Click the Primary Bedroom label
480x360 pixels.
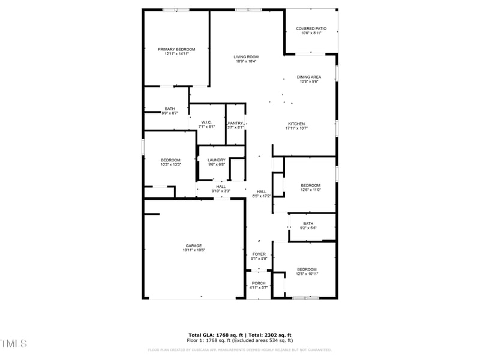tap(176, 49)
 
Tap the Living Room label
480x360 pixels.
tap(246, 57)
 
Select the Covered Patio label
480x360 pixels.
tap(311, 28)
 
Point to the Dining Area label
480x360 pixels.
tap(309, 77)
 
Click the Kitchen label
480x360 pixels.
tap(296, 124)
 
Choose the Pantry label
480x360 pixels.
tap(235, 123)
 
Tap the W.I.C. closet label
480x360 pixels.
tap(206, 122)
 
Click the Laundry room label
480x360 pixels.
tap(217, 160)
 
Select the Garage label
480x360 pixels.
tap(193, 245)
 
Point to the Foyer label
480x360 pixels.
tap(259, 254)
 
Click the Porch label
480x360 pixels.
tap(259, 283)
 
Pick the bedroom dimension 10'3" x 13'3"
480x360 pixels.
tap(170, 164)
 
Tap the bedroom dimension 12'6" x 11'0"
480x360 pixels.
tap(310, 190)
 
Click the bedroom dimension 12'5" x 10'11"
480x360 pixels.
tap(307, 274)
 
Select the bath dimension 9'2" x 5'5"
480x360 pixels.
tap(308, 228)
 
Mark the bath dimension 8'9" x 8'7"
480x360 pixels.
tap(170, 113)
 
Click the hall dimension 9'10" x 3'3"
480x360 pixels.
tap(221, 191)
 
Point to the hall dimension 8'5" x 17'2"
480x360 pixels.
tap(262, 196)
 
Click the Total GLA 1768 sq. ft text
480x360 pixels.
tap(215, 335)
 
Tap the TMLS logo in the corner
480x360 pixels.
tap(14, 343)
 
